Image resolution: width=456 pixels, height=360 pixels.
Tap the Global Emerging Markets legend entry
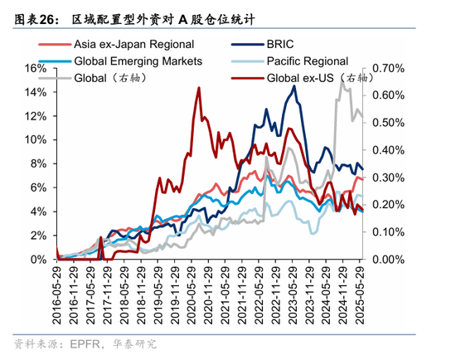click(x=138, y=61)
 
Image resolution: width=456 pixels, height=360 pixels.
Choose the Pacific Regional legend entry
click(x=307, y=61)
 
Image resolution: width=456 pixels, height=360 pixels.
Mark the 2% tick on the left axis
click(x=38, y=236)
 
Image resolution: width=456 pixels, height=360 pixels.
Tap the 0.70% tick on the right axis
click(x=387, y=67)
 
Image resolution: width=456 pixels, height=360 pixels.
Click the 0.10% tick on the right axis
click(x=387, y=232)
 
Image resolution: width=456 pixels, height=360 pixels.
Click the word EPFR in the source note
click(x=85, y=344)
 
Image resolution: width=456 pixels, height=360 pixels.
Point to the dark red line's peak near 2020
click(x=198, y=87)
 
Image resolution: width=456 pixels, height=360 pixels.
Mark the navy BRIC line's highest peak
click(x=294, y=85)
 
